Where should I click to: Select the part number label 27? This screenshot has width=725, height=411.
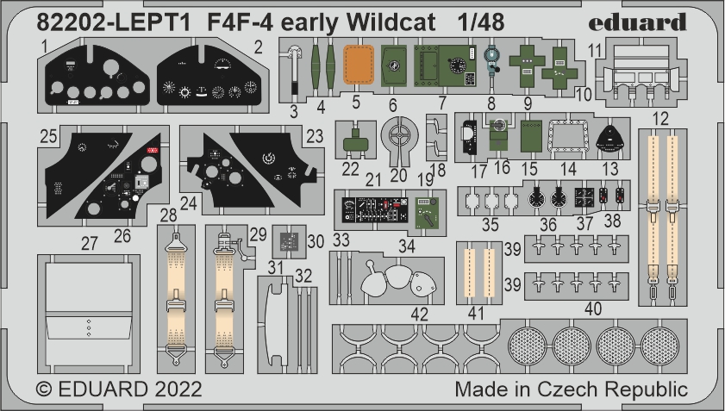(90, 243)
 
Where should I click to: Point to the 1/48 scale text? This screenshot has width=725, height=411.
(474, 21)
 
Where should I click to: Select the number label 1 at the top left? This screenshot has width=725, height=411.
(42, 45)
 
